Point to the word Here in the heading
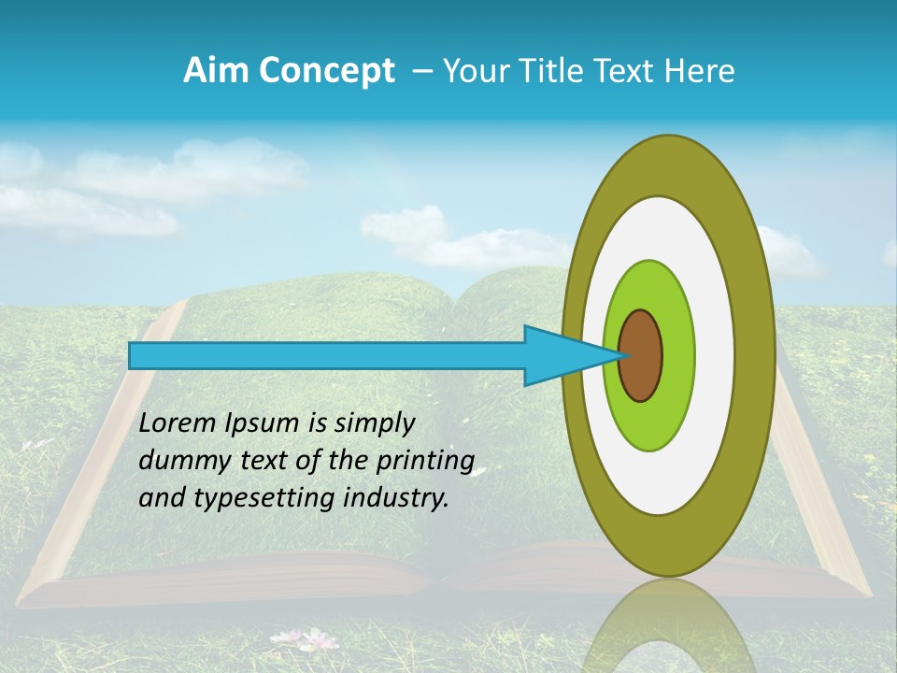coord(700,71)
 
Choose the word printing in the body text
coord(429,462)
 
